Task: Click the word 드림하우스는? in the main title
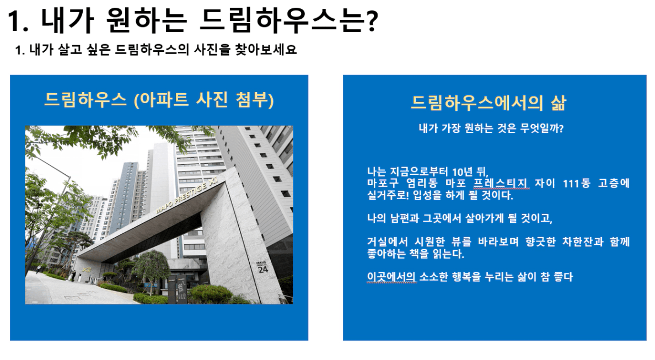pos(289,20)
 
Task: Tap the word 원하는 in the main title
pos(146,20)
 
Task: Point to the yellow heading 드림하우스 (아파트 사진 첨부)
pos(159,100)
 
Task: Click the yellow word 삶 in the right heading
pos(558,103)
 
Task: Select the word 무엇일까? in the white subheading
pos(542,128)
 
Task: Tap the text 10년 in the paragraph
pos(462,171)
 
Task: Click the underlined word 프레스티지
pos(501,184)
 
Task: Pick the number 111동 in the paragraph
pos(577,184)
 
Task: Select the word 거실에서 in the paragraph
pos(387,242)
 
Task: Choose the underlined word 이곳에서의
pos(391,277)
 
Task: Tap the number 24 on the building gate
pos(263,270)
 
